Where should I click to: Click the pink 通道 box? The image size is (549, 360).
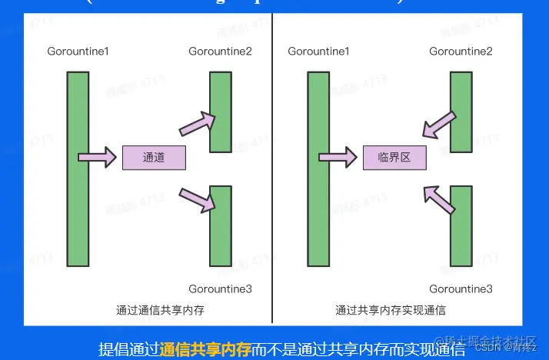pos(154,158)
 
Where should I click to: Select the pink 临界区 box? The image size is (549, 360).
pos(394,158)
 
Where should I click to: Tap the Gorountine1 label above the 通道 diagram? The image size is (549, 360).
pos(78,52)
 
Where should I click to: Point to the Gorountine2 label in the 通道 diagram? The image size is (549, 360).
pos(220,52)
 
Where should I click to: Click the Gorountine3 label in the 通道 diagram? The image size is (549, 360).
pos(220,289)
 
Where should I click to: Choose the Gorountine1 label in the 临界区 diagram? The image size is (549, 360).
pos(318,52)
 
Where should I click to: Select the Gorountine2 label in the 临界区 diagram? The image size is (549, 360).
pos(461,52)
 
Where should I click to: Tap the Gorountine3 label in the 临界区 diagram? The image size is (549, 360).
pos(461,289)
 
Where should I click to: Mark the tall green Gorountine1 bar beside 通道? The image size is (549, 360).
pos(78,168)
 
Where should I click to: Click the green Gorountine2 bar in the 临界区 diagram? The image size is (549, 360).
pos(461,112)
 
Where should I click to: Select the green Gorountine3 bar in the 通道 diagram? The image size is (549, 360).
pos(221,225)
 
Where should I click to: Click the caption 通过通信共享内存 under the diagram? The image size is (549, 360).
pos(160,311)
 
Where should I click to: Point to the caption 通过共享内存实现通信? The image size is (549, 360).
pos(391,311)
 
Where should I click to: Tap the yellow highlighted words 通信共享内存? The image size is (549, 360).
pos(205,349)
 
